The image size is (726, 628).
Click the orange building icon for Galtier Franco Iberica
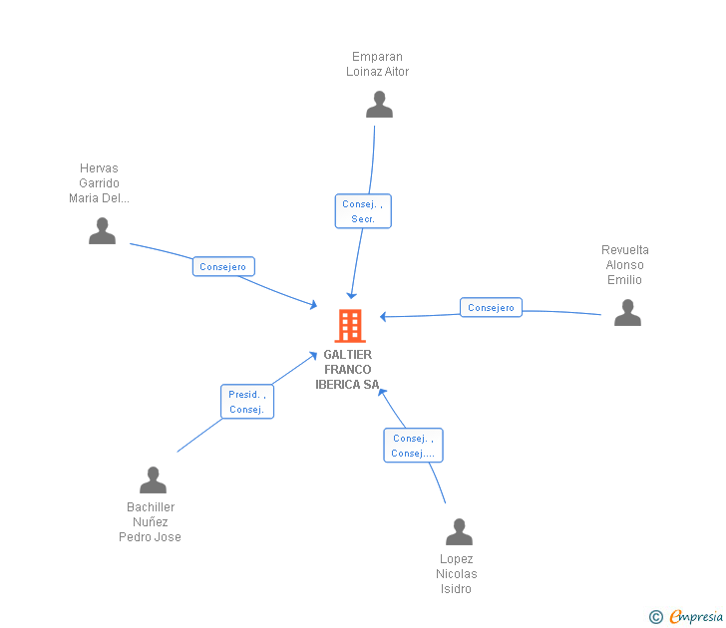click(x=349, y=325)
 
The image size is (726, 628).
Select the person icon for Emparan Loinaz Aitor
click(x=379, y=104)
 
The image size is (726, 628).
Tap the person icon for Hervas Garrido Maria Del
click(x=102, y=230)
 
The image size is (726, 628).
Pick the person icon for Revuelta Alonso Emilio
click(x=627, y=313)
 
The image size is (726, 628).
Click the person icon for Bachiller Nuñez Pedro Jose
click(x=153, y=479)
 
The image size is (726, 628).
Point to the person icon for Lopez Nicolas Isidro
click(x=459, y=532)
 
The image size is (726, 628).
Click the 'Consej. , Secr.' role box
click(x=363, y=211)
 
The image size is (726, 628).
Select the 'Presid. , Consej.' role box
click(x=246, y=402)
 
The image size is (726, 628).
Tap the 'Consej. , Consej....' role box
click(x=413, y=446)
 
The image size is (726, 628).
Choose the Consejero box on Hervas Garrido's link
click(x=223, y=266)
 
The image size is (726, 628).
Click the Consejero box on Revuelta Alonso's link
click(x=491, y=307)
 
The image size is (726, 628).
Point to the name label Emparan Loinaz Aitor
click(x=378, y=64)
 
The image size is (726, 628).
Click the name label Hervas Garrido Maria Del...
click(x=99, y=183)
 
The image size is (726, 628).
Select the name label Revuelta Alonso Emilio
click(x=625, y=265)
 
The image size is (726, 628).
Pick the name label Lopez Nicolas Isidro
click(x=457, y=574)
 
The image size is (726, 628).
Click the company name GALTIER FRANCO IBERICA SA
click(x=347, y=370)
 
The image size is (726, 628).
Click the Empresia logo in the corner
click(x=696, y=616)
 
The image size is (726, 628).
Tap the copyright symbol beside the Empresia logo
click(x=656, y=617)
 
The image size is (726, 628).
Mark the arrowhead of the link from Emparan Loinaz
click(x=352, y=294)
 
